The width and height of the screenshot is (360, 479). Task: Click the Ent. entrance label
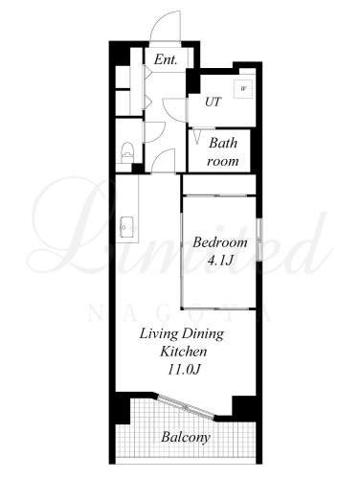click(x=166, y=59)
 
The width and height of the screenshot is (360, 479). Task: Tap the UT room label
click(x=213, y=102)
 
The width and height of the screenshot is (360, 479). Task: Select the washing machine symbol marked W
click(x=243, y=89)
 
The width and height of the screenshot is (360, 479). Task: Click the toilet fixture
click(x=128, y=153)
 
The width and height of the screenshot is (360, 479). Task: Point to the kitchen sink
click(x=126, y=227)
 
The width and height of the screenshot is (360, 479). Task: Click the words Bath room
click(x=223, y=151)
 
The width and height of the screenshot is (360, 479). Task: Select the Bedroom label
click(x=220, y=242)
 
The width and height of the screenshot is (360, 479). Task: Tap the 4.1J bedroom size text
click(x=219, y=261)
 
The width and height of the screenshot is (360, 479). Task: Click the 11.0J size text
click(x=184, y=370)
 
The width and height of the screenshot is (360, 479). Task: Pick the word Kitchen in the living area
click(x=183, y=352)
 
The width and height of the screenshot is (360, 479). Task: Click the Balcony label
click(x=186, y=437)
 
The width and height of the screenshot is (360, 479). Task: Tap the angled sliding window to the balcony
click(x=187, y=406)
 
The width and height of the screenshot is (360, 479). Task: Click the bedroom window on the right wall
click(x=259, y=239)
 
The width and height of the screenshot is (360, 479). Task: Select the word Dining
click(x=203, y=334)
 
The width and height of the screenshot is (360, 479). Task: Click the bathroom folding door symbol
click(x=197, y=136)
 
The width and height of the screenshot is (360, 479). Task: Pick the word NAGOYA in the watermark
click(x=180, y=313)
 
